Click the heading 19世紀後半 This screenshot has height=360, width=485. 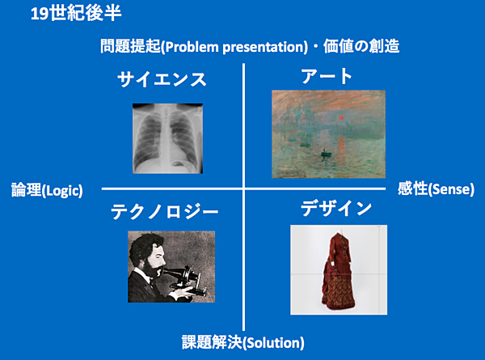[76, 14]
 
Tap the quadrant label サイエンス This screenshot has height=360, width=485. [162, 79]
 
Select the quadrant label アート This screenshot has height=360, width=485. [327, 76]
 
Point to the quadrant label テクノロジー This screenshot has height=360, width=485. [165, 212]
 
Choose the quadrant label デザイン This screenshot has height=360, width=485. [336, 208]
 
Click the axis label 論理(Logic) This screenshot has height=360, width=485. [47, 190]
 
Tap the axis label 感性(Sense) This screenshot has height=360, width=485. [436, 188]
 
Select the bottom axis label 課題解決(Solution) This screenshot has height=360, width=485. [242, 342]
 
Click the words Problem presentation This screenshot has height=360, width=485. [236, 47]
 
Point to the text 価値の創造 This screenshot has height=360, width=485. [361, 46]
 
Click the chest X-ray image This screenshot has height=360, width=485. [167, 138]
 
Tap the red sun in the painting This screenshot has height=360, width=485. [341, 117]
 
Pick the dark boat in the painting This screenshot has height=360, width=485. [326, 154]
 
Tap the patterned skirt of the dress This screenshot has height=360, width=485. [339, 291]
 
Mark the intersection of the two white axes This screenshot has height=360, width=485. [244, 188]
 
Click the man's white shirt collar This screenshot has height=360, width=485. [142, 274]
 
